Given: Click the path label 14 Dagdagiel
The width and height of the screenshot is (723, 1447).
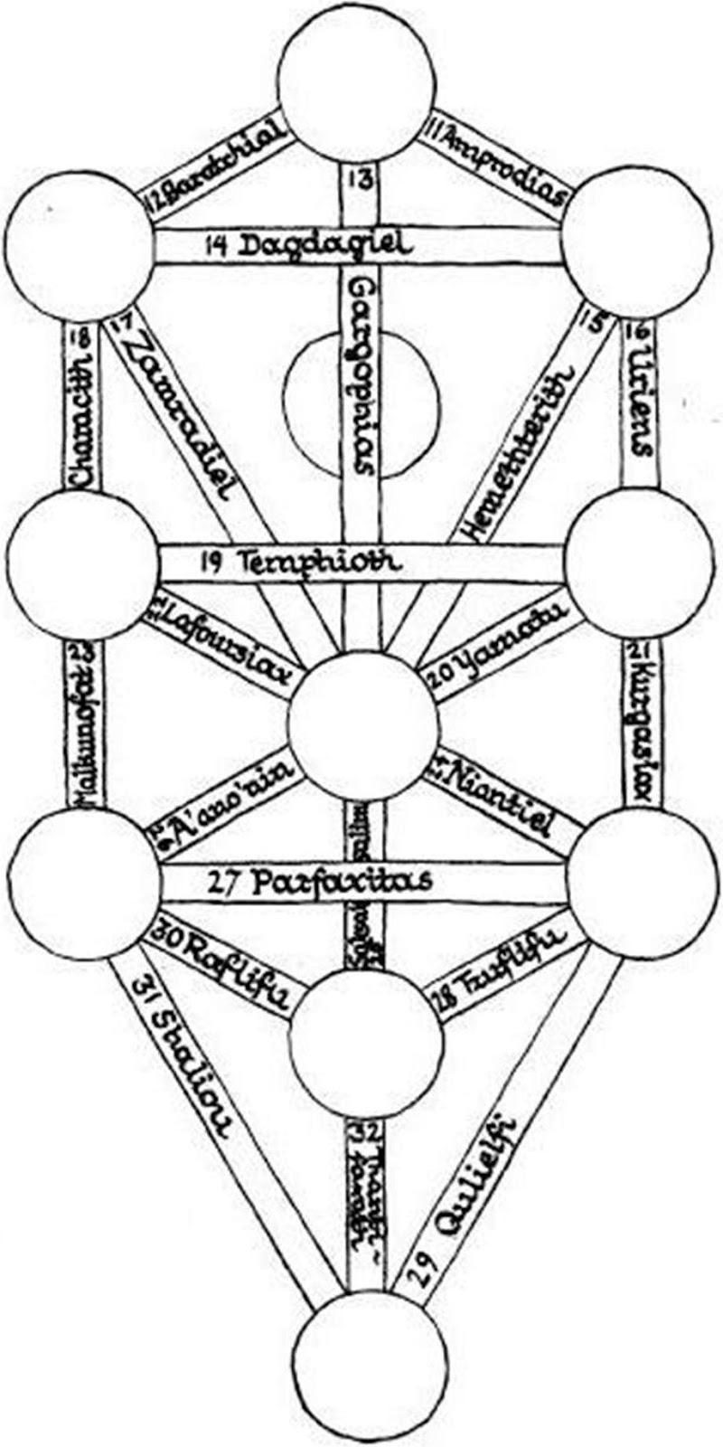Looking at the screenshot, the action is pyautogui.click(x=308, y=245).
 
